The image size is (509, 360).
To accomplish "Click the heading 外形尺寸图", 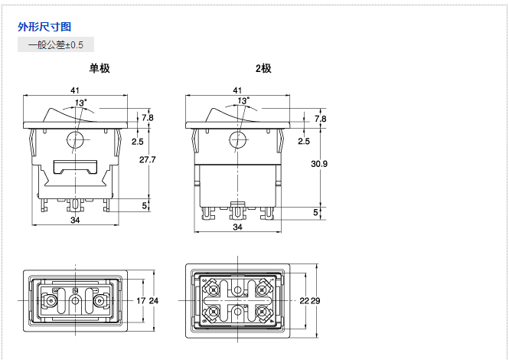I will coord(44,27).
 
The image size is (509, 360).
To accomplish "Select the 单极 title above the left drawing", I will coord(100,68).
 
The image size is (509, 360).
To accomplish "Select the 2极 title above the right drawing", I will coord(263,68).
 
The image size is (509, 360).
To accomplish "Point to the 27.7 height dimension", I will coord(148,160).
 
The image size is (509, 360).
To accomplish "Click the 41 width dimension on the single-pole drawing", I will coord(75,90).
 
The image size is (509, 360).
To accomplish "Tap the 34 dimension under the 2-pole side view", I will coord(237,227).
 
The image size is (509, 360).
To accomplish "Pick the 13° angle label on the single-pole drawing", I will coord(80,102).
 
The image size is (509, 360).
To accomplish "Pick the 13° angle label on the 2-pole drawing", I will coord(243,100).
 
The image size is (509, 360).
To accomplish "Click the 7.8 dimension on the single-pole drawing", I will coord(147,118).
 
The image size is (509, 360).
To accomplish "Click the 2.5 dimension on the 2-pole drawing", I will coord(303,142).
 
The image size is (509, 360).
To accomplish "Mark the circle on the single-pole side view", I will coord(75,140).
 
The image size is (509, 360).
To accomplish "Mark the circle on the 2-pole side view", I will coord(237,139).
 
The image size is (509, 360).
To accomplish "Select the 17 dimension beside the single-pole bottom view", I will coord(140,300).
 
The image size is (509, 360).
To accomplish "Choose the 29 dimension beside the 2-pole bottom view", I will coord(315,300).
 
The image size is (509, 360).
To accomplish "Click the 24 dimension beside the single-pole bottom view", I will coord(153,300).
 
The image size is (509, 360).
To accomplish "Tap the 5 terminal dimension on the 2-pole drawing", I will coord(315,211).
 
